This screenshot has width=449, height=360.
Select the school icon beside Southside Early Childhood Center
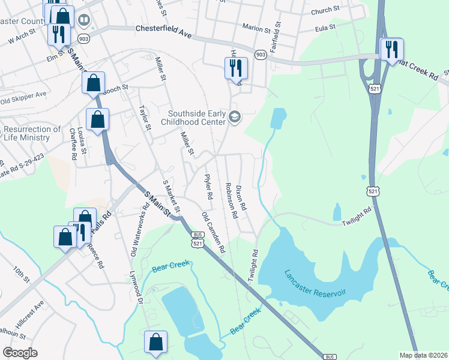pyautogui.click(x=235, y=117)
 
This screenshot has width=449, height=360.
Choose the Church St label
pyautogui.click(x=325, y=10)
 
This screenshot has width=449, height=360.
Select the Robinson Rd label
pyautogui.click(x=230, y=200)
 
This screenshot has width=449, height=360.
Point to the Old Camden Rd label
pyautogui.click(x=213, y=231)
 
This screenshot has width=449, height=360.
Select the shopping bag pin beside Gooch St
pyautogui.click(x=94, y=83)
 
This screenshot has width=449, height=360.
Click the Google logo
pyautogui.click(x=20, y=353)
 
